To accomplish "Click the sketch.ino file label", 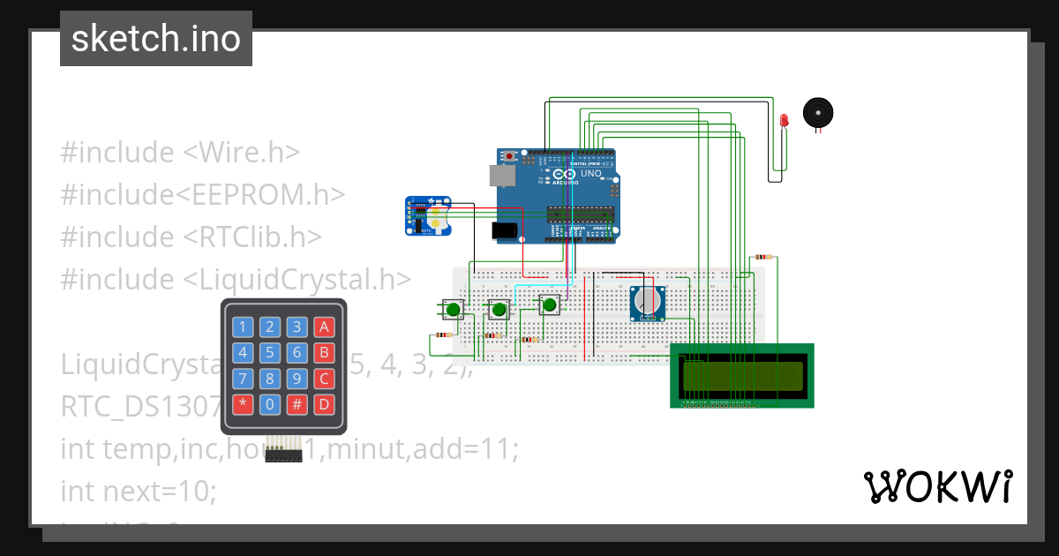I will pyautogui.click(x=156, y=39).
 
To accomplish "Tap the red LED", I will pyautogui.click(x=784, y=121).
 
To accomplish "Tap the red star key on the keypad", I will pyautogui.click(x=241, y=405).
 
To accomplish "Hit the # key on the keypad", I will pyautogui.click(x=297, y=405).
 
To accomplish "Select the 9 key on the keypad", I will pyautogui.click(x=297, y=379).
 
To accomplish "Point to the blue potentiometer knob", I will pyautogui.click(x=648, y=303).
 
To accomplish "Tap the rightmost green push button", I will pyautogui.click(x=550, y=305).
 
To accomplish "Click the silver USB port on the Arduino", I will pyautogui.click(x=502, y=175).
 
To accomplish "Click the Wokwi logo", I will pyautogui.click(x=937, y=486).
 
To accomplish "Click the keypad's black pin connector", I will pyautogui.click(x=283, y=455).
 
